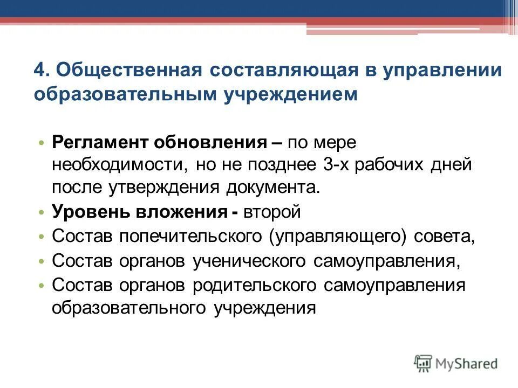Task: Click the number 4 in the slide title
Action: click(39, 70)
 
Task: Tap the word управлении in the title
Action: click(442, 70)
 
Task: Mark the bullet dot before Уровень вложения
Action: click(43, 212)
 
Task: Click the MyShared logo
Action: click(455, 363)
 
